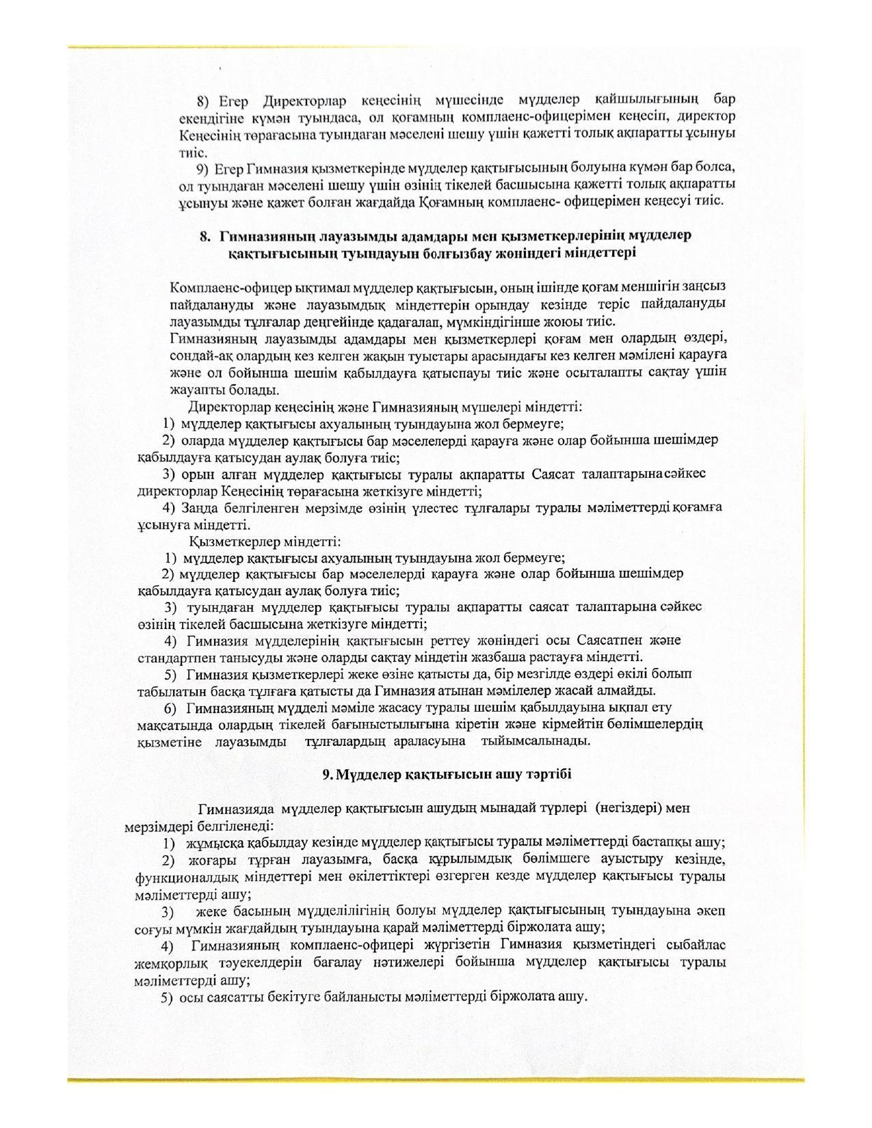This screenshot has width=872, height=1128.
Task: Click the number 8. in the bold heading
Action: [x=205, y=236]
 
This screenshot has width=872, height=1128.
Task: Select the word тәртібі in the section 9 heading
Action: [x=548, y=775]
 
